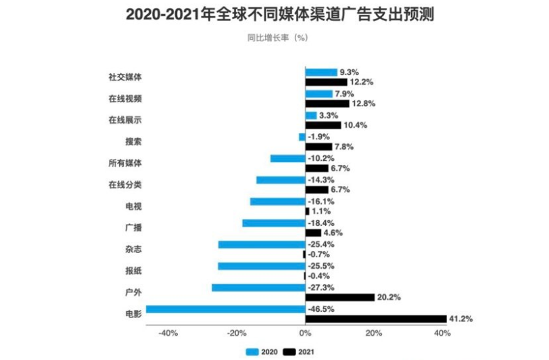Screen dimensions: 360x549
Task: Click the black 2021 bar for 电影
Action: [x=376, y=319]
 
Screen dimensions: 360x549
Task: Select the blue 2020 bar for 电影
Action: [x=226, y=309]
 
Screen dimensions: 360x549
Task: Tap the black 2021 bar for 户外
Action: [x=340, y=297]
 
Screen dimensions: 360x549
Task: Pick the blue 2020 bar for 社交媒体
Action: [x=321, y=72]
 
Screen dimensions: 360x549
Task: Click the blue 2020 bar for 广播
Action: [x=274, y=223]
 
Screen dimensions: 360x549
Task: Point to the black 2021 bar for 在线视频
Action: [x=327, y=104]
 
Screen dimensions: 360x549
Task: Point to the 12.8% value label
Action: [x=363, y=104]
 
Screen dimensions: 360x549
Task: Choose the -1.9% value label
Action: [x=318, y=137]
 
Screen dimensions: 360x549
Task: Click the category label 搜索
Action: [x=133, y=141]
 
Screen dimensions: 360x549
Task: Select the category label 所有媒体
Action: [x=125, y=163]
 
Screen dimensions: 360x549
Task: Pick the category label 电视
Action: [x=133, y=206]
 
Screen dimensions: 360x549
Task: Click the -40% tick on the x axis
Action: [x=167, y=333]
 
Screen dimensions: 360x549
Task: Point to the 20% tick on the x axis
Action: [x=374, y=333]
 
